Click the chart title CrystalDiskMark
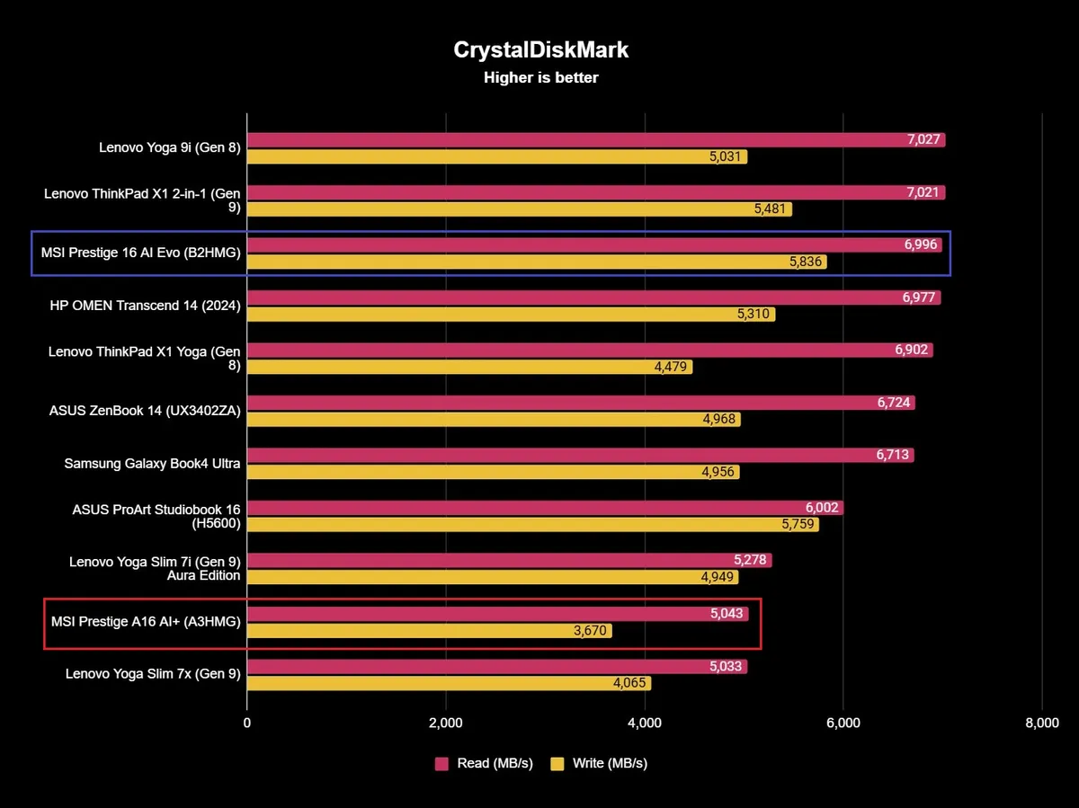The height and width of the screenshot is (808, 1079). click(540, 50)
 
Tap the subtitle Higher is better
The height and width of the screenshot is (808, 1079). click(540, 78)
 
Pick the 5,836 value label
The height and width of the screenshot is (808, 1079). click(805, 262)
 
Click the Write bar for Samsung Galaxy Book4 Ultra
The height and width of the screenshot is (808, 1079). click(477, 472)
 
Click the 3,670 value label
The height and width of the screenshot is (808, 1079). click(590, 631)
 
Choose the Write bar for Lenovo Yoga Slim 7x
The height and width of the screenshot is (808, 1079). click(432, 683)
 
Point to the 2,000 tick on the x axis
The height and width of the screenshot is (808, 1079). click(446, 724)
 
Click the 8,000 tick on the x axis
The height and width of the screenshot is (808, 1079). click(1041, 724)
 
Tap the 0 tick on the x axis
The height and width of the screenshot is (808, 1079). click(247, 724)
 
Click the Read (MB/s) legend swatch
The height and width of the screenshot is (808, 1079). click(441, 763)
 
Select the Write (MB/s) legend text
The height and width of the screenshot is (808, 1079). click(610, 763)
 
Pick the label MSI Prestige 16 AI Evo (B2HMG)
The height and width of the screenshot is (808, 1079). click(141, 253)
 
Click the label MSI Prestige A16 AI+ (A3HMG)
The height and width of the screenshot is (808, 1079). click(146, 622)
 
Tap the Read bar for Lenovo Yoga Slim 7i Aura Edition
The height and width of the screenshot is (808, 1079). click(504, 561)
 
